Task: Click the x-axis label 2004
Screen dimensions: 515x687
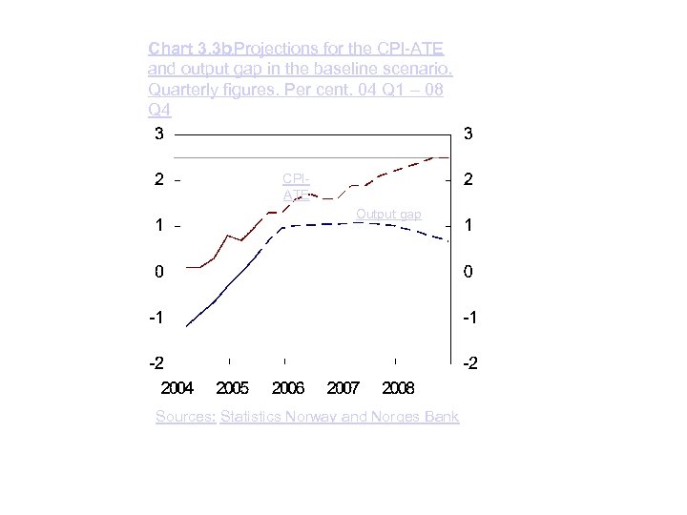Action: [x=177, y=388]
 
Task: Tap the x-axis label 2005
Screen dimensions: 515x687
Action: [x=233, y=388]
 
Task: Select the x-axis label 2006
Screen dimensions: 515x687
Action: [x=288, y=388]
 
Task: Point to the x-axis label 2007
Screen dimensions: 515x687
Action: [x=343, y=388]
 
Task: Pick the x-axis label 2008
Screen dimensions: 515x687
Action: [x=398, y=388]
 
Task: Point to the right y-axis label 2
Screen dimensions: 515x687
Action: [x=468, y=180]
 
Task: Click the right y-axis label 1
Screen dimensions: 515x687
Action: [x=468, y=226]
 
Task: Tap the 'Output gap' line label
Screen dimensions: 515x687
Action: [x=388, y=215]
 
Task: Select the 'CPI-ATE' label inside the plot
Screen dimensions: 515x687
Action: [x=296, y=186]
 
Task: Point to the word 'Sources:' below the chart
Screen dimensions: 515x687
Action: [x=186, y=417]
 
